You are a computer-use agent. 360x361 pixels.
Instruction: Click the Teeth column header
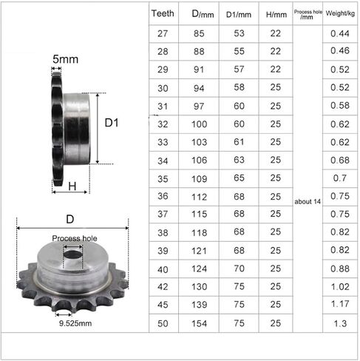click(163, 13)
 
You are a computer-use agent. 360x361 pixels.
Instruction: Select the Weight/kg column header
click(340, 13)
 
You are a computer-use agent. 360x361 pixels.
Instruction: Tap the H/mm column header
click(276, 15)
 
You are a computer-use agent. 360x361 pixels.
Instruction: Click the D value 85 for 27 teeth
click(199, 33)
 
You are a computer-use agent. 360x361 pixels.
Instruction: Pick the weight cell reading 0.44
click(340, 33)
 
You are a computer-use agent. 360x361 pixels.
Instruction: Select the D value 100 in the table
click(199, 124)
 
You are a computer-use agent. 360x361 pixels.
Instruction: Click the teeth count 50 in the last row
click(163, 323)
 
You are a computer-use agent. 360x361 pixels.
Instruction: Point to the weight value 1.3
click(340, 323)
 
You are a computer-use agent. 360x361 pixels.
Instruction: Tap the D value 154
click(199, 323)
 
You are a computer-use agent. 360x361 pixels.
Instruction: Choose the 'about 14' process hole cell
click(308, 202)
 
